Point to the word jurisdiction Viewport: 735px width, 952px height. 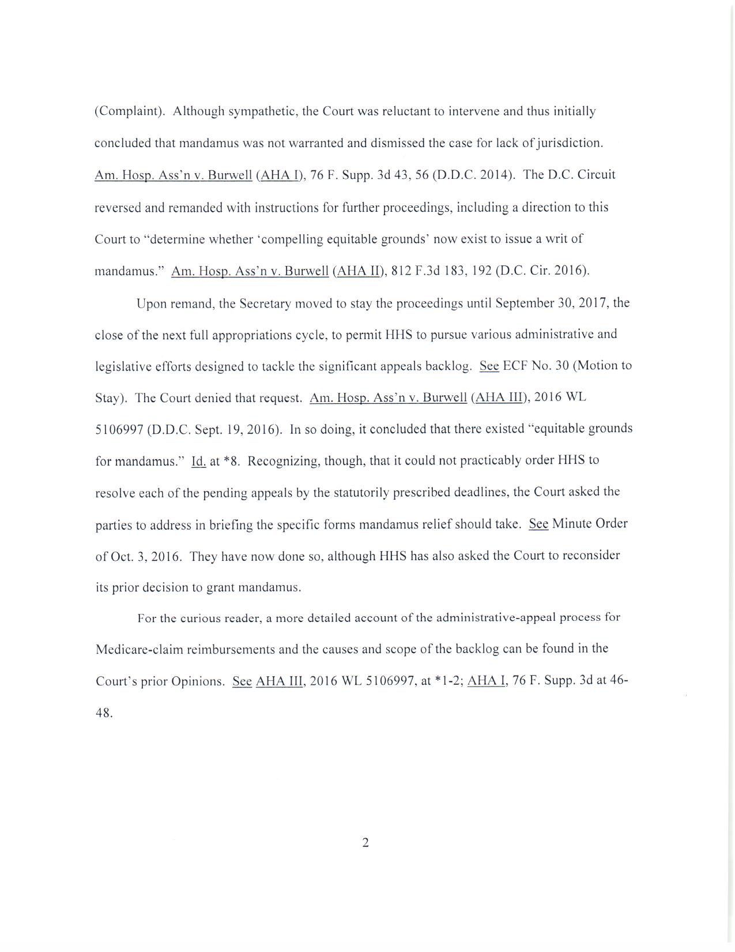(x=570, y=143)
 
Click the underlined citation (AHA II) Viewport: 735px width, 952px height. (x=357, y=271)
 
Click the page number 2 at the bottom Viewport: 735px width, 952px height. (x=365, y=842)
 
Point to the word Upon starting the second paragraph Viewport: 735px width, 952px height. (x=152, y=303)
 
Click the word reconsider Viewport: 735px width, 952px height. (x=591, y=556)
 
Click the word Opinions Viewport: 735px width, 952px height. (x=198, y=681)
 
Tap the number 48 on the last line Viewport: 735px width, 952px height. (x=103, y=713)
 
